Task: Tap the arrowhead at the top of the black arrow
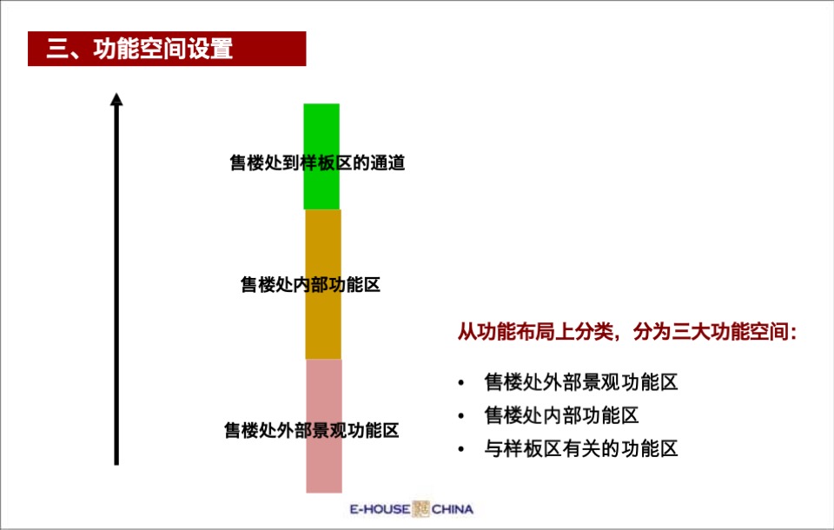pos(116,99)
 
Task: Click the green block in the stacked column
pos(321,130)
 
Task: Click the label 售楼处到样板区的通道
pos(317,163)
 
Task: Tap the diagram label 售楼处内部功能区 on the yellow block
pos(310,284)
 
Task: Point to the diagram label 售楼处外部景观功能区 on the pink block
pos(311,430)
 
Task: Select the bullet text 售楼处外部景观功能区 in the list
pos(580,382)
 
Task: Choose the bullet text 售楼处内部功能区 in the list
pos(561,415)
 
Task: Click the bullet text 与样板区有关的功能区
pos(580,448)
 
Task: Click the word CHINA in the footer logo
pos(452,509)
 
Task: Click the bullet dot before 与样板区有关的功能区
pos(460,449)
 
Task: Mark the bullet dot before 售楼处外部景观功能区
pos(460,383)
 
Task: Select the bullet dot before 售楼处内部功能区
pos(460,416)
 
